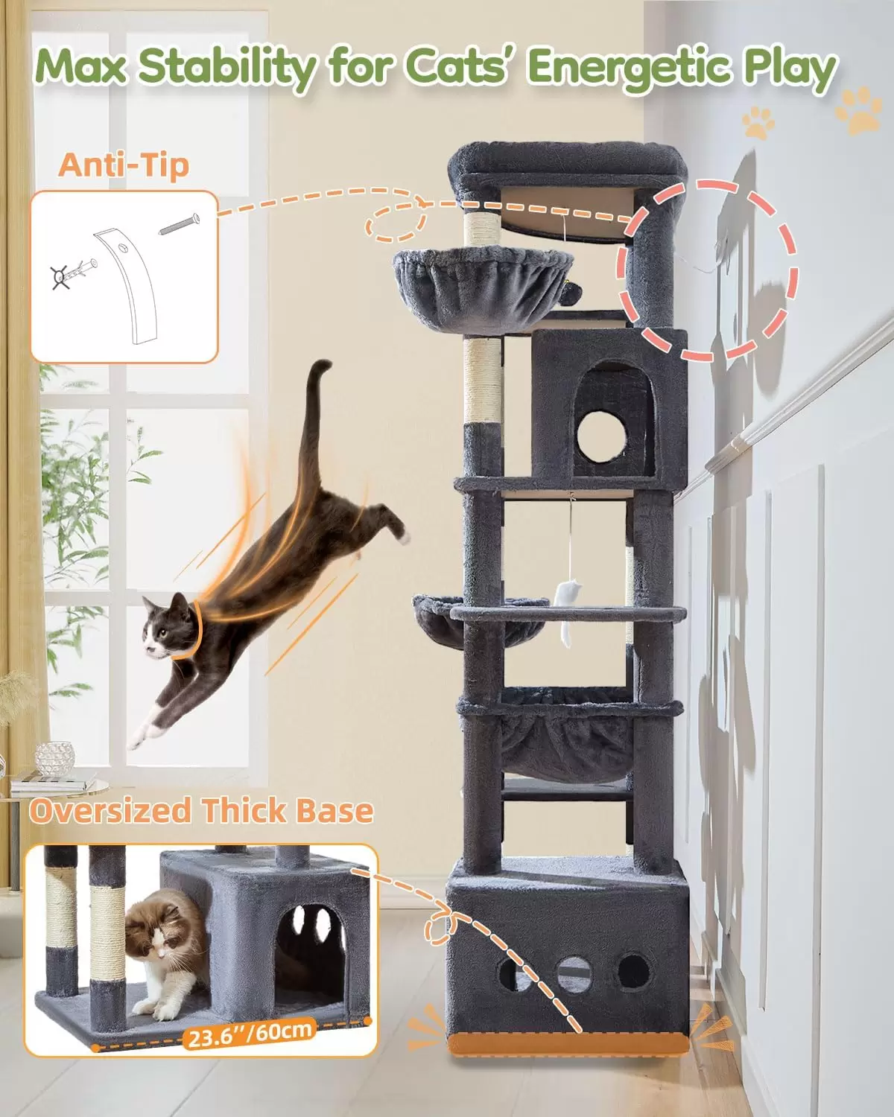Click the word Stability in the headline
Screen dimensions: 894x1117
pyautogui.click(x=227, y=68)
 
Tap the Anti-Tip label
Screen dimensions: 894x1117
pyautogui.click(x=124, y=165)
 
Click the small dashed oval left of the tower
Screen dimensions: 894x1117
pyautogui.click(x=396, y=223)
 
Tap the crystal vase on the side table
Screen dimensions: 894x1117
pyautogui.click(x=54, y=760)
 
